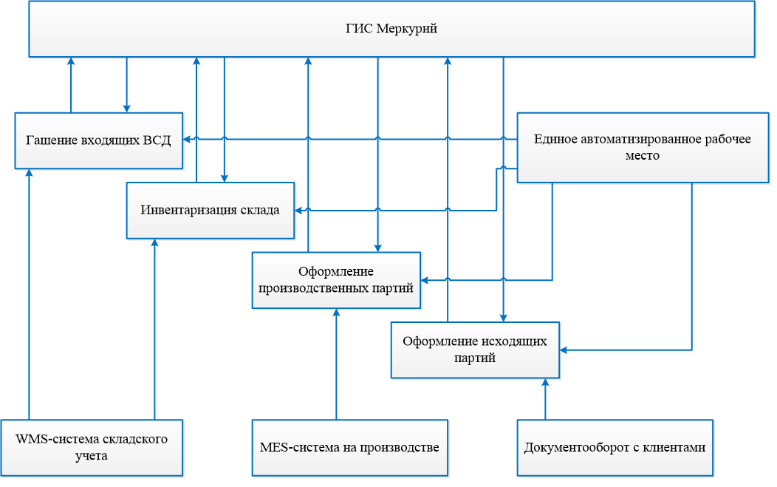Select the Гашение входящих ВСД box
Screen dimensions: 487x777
[x=98, y=140]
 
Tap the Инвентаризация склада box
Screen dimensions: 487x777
[x=210, y=210]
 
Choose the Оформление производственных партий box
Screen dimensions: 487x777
[x=336, y=279]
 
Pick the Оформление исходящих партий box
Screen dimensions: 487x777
[x=475, y=350]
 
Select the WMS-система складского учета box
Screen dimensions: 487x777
[x=92, y=447]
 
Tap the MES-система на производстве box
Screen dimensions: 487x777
[x=349, y=447]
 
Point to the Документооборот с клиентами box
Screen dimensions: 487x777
[x=615, y=447]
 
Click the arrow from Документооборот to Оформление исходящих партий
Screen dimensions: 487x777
[x=545, y=399]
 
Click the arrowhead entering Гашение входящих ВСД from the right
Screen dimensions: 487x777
[x=188, y=139]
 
